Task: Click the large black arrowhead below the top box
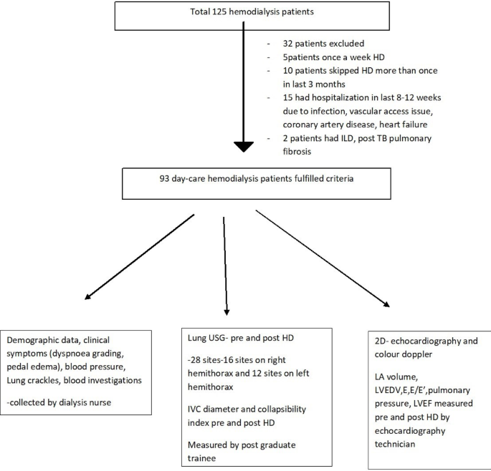(244, 146)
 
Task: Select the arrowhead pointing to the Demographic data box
(88, 296)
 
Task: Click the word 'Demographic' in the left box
(37, 341)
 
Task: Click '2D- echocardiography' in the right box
(408, 341)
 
